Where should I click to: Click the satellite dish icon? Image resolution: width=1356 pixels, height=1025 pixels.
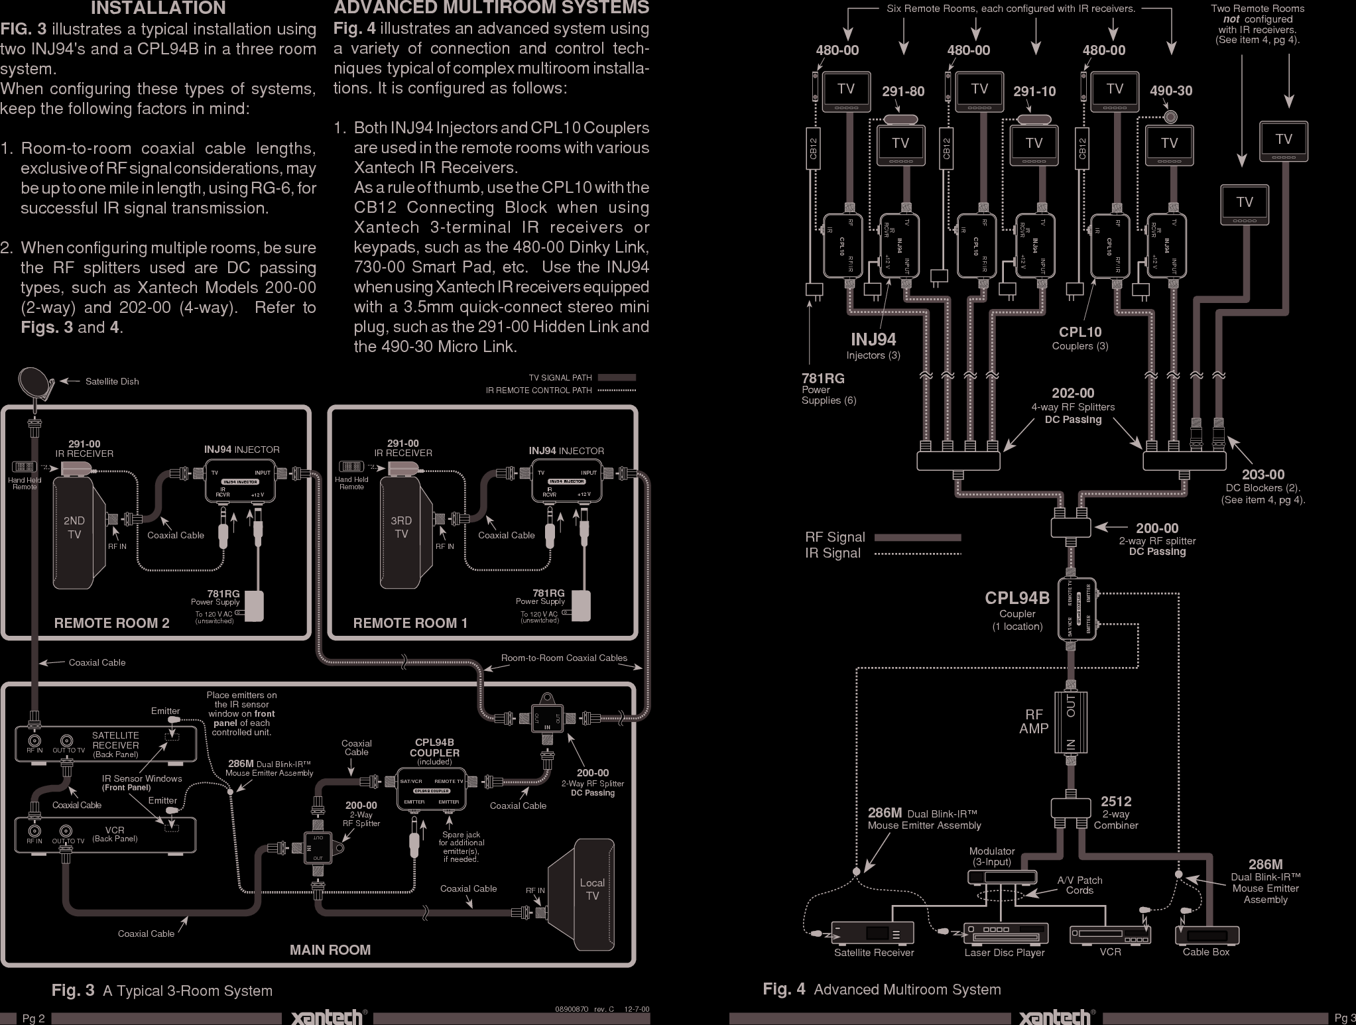tap(32, 383)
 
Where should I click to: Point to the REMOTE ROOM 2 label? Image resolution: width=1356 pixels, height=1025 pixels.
tap(111, 623)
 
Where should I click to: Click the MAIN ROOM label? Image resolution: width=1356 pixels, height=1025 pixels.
tap(330, 949)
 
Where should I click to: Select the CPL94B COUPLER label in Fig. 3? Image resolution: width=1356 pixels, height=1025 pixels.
tap(434, 748)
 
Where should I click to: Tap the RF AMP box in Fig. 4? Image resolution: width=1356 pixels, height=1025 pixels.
tap(1070, 722)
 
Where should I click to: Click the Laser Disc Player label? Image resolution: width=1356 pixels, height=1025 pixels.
tap(1004, 953)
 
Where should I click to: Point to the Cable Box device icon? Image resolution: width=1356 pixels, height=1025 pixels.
tap(1206, 935)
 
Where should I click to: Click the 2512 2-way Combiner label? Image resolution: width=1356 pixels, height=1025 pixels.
tap(1116, 813)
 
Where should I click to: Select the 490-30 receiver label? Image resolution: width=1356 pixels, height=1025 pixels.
tap(1170, 91)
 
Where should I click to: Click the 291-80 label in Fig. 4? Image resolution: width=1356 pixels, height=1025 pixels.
tap(902, 91)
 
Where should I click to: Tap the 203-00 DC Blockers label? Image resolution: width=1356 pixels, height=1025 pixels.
tap(1263, 487)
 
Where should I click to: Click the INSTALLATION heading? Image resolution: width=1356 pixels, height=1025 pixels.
tap(158, 9)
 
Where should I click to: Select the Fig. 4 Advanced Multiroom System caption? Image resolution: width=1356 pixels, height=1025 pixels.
tap(881, 989)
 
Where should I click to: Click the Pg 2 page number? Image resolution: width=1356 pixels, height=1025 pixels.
tap(33, 1018)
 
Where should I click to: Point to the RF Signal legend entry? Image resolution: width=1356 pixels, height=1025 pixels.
tap(835, 537)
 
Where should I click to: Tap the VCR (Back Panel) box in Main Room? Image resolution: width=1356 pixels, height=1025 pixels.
tap(106, 835)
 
